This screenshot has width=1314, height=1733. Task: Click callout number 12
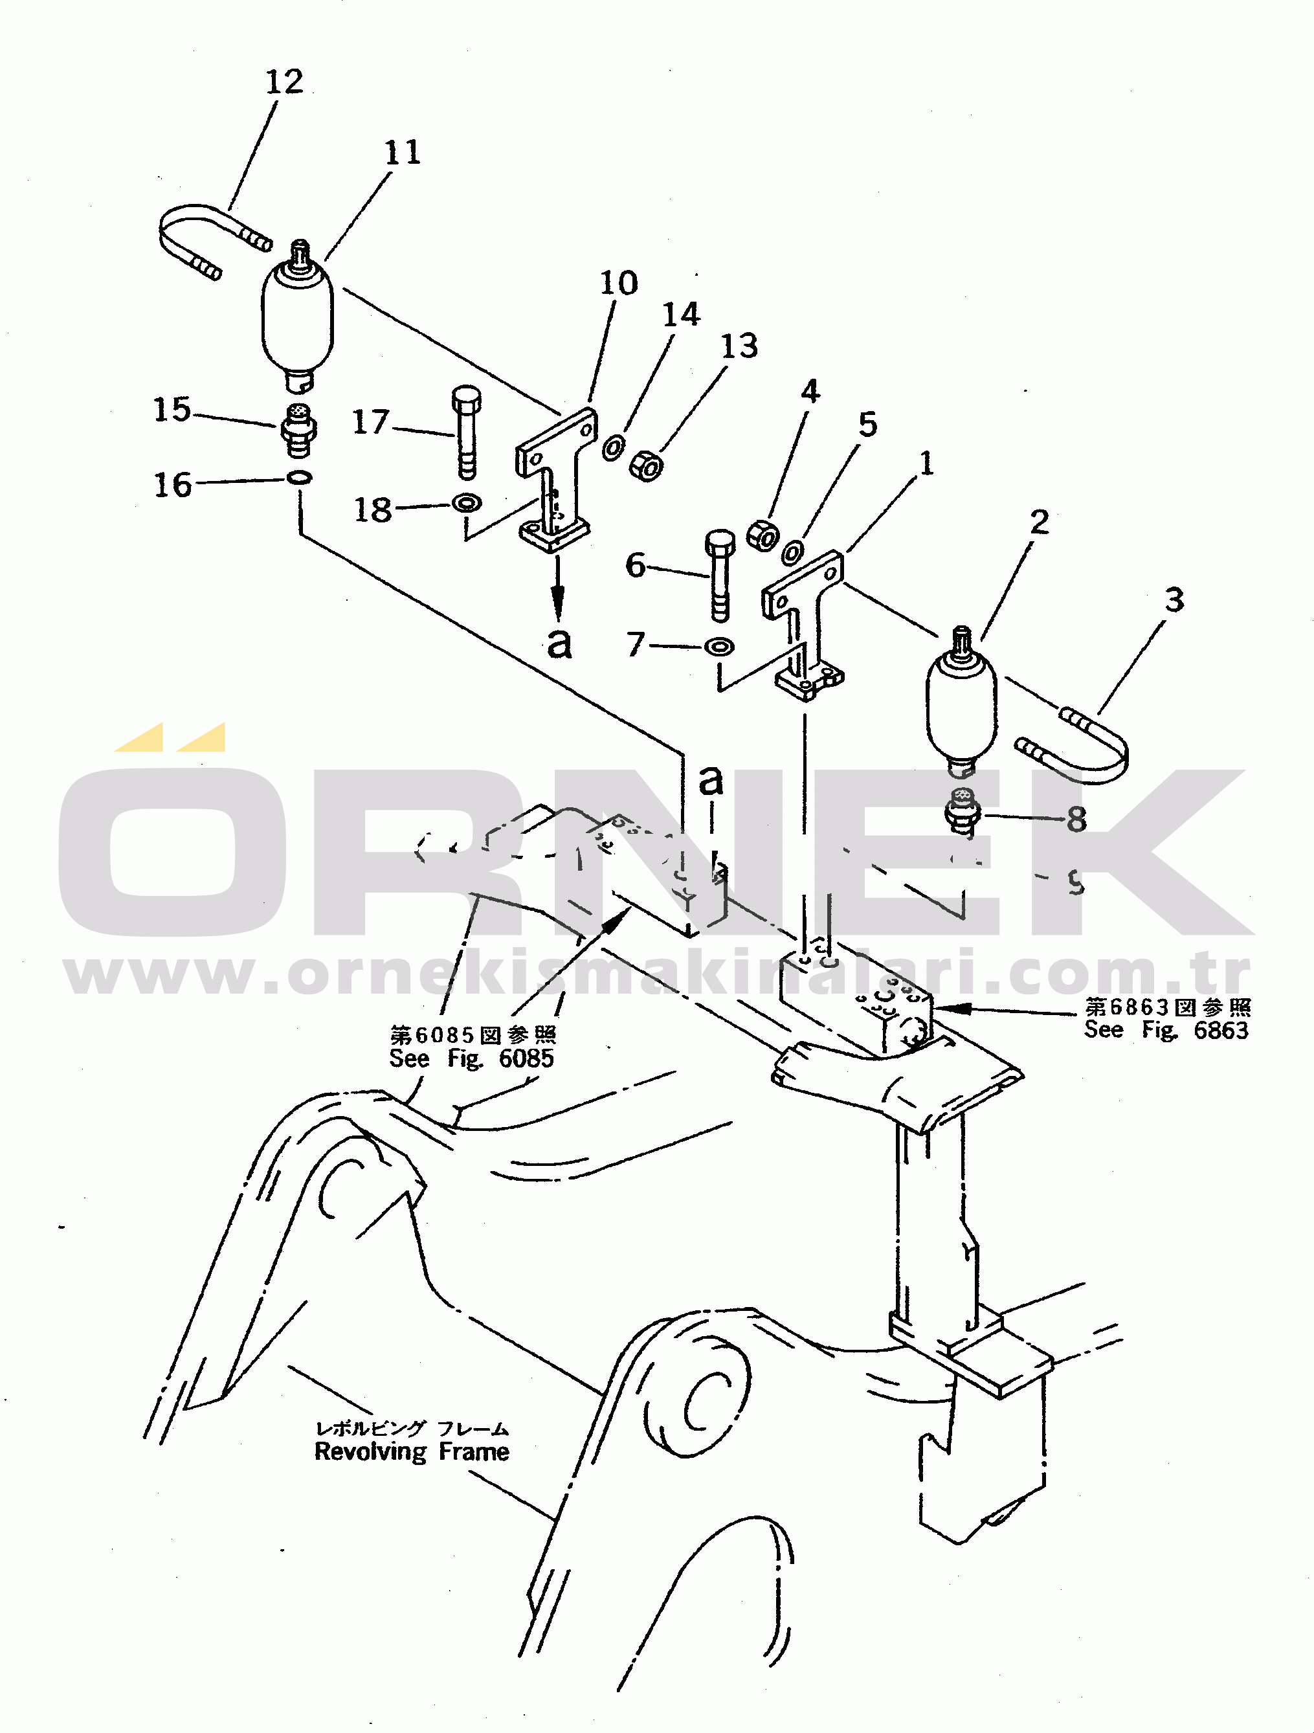pos(284,82)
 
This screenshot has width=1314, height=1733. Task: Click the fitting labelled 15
pos(298,429)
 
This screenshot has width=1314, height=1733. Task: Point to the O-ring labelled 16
pos(299,476)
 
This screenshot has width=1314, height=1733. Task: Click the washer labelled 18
pos(467,502)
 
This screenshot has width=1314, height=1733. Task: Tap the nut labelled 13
pos(647,466)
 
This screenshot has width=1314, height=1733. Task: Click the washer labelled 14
pos(614,448)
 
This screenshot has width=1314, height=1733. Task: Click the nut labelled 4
pos(762,536)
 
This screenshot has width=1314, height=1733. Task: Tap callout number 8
pos(1076,820)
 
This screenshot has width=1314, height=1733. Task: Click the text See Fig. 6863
pos(1166,1029)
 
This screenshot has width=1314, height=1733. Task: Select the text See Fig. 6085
pos(472,1058)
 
